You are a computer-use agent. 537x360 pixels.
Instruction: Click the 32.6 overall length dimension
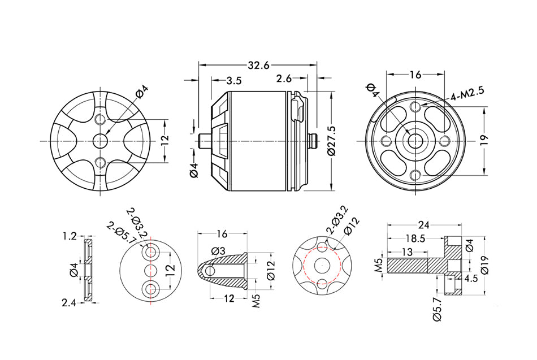click(x=258, y=66)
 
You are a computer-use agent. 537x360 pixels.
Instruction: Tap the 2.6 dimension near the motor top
click(x=284, y=78)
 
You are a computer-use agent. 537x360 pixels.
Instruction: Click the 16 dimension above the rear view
click(x=415, y=75)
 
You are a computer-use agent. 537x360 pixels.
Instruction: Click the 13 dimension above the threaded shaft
click(x=406, y=251)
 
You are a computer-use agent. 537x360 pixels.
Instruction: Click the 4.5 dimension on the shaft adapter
click(x=470, y=279)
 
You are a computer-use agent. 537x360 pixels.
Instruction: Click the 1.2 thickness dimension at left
click(x=70, y=236)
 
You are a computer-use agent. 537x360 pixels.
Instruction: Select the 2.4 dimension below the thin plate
click(x=70, y=303)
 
